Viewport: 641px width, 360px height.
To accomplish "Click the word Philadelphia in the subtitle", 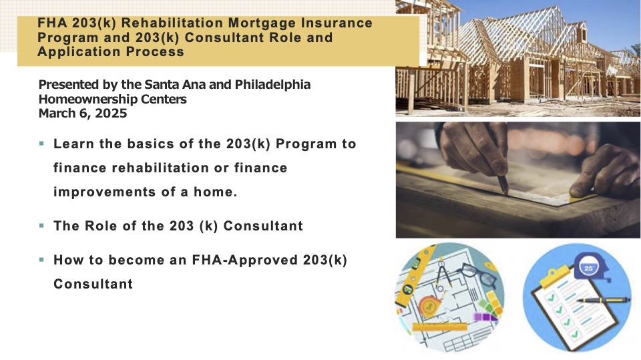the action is [272, 85].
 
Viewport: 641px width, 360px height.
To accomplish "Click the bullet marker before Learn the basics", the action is [41, 144].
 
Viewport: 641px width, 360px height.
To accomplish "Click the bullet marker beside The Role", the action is [41, 225].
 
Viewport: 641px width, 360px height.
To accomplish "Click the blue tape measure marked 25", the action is [590, 268].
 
